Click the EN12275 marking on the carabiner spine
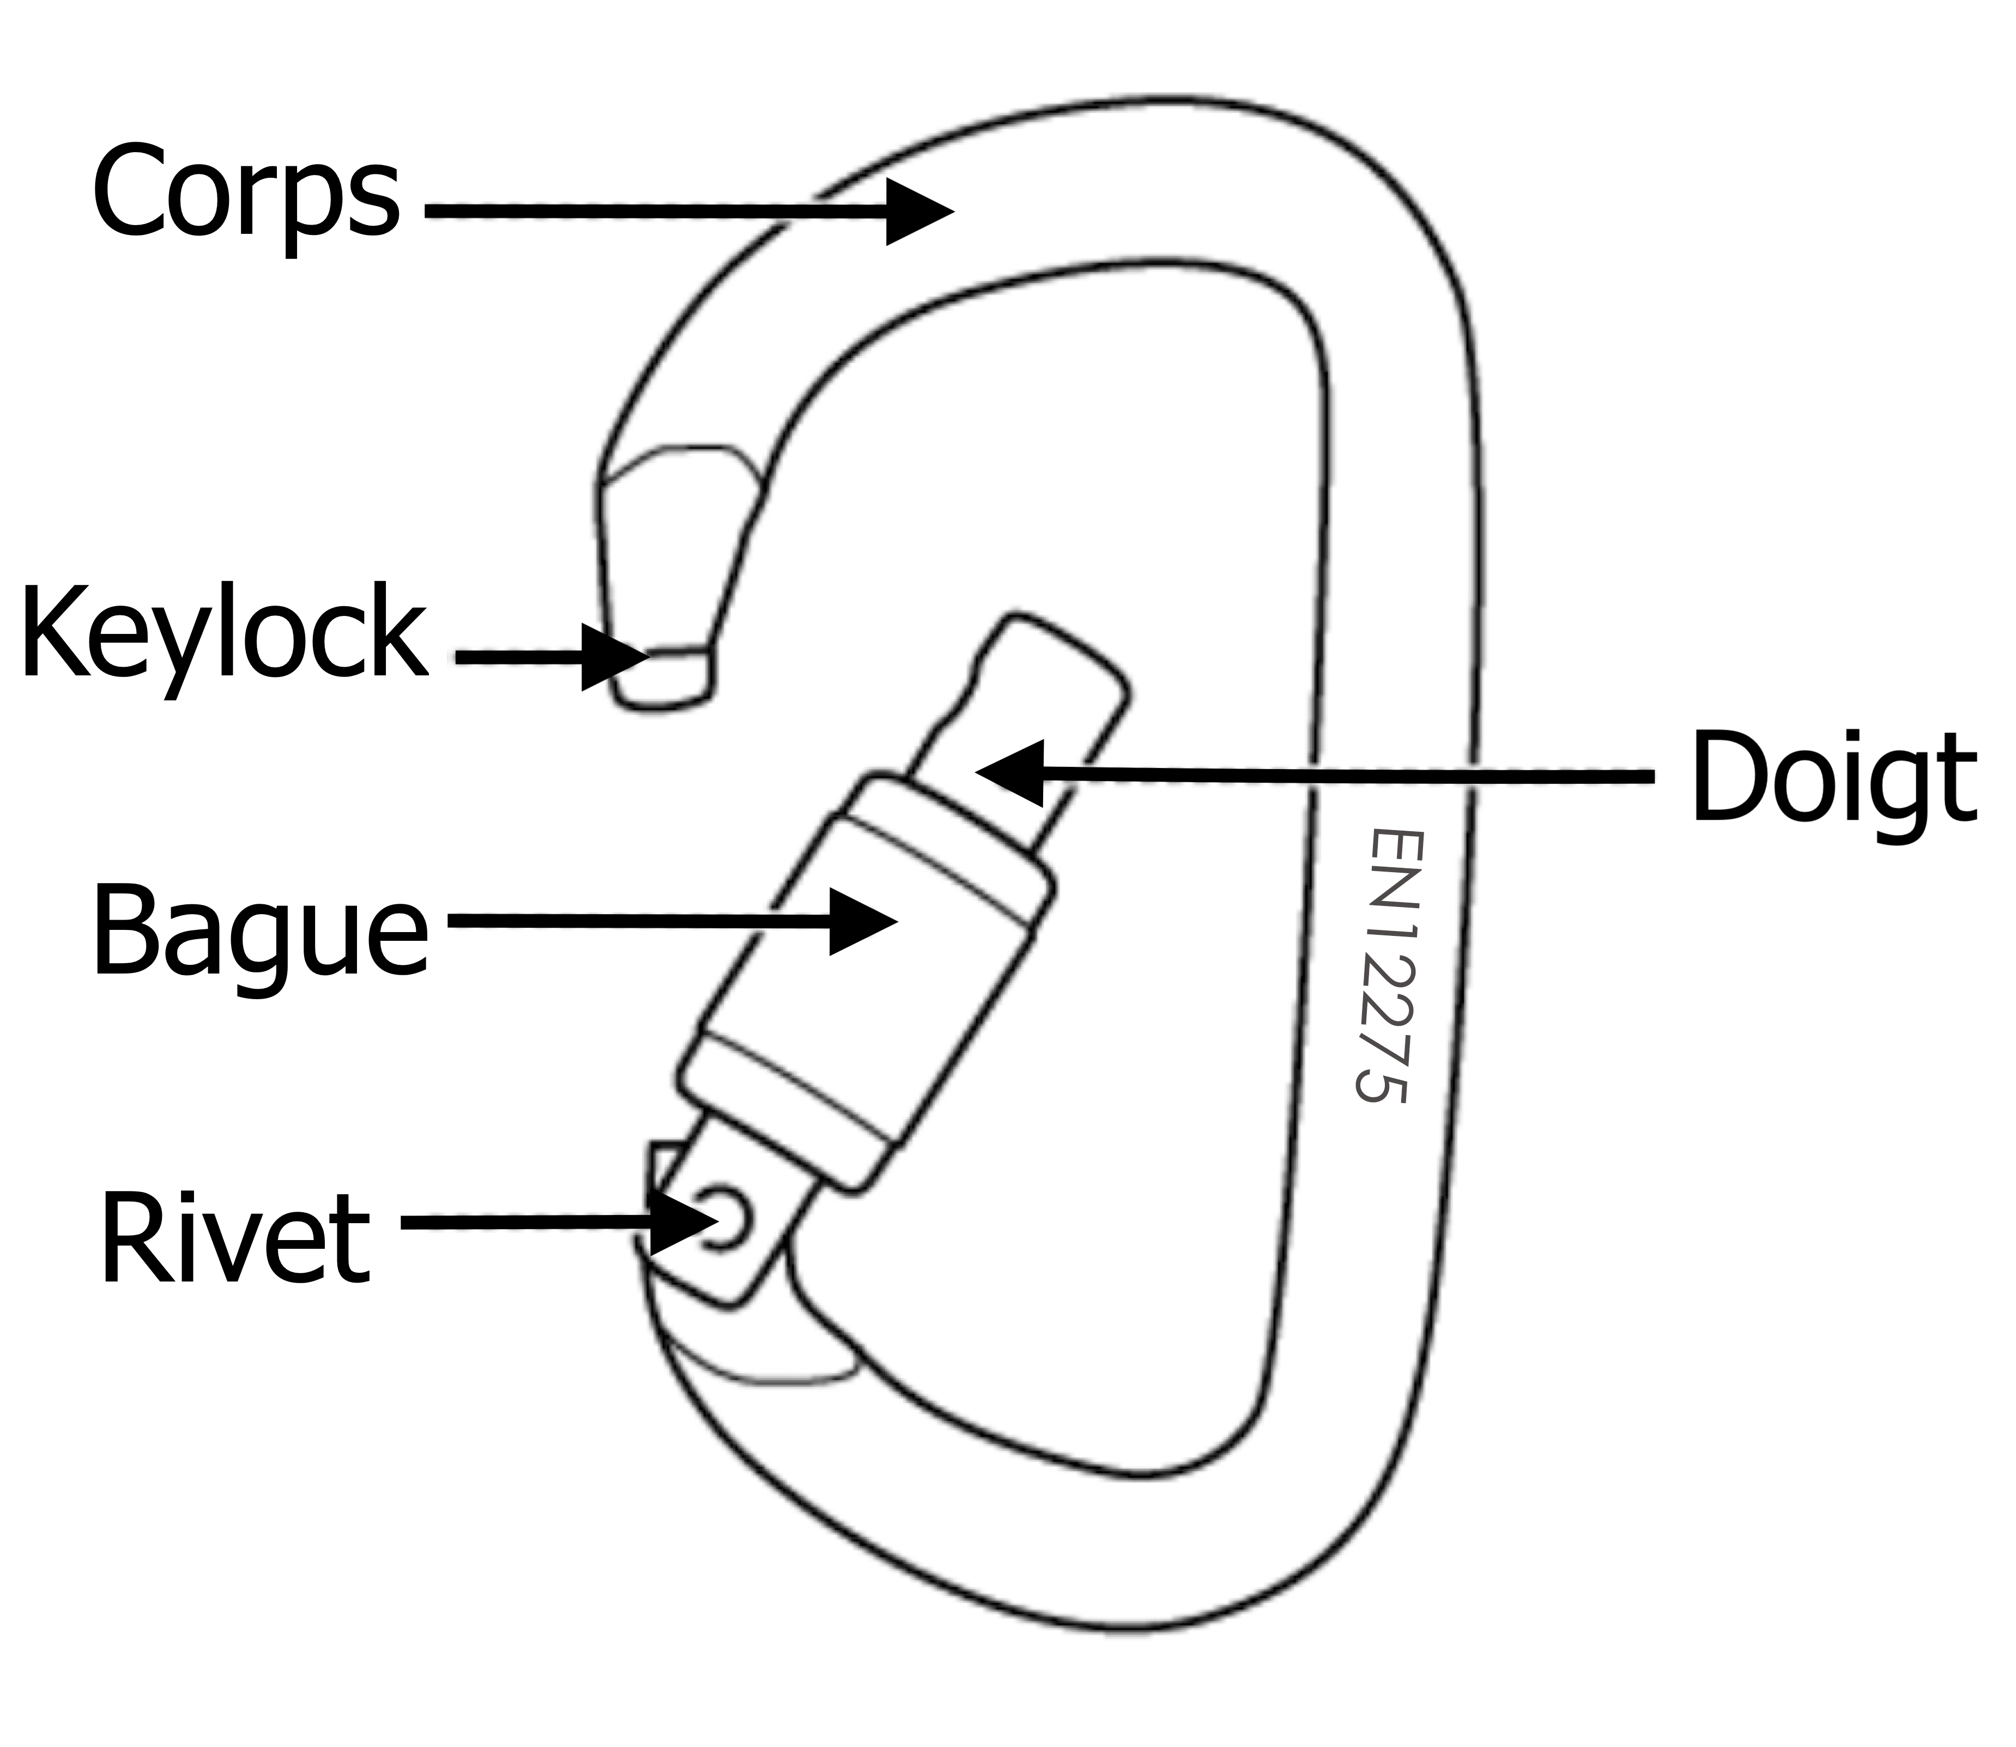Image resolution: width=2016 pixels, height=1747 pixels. click(x=1387, y=965)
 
